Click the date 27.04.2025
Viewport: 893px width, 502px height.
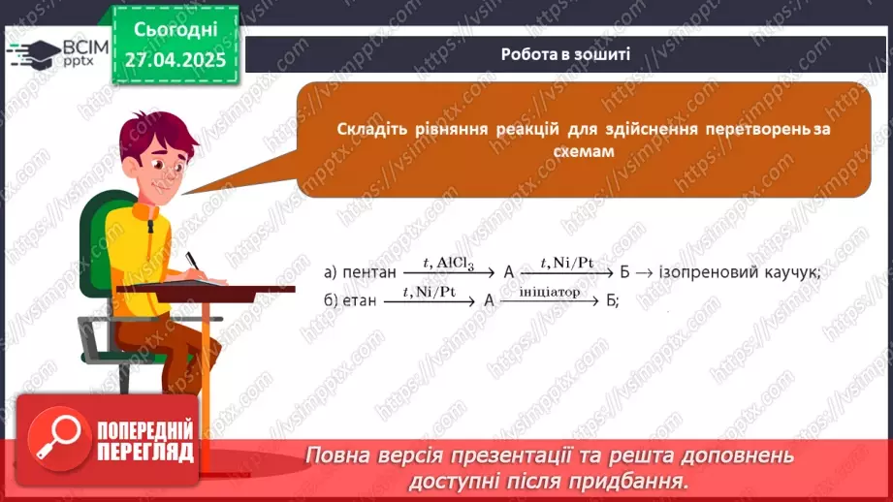tap(175, 60)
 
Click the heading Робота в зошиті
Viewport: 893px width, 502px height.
tap(566, 54)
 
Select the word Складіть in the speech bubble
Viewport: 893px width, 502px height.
tap(371, 130)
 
